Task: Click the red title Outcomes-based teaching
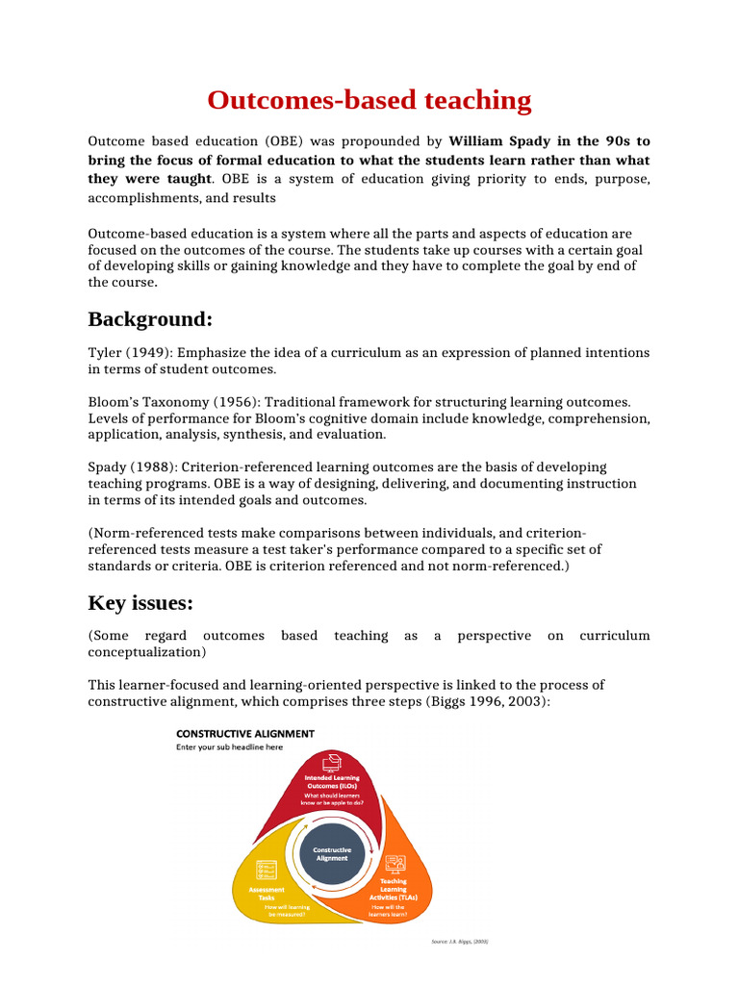(x=369, y=100)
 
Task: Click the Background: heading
(x=149, y=318)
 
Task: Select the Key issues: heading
(x=140, y=603)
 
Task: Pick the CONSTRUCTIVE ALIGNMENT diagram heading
(x=244, y=734)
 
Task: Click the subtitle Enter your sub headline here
(x=229, y=747)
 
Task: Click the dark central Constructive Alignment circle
(x=334, y=853)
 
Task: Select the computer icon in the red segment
(x=334, y=765)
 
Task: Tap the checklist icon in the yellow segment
(x=266, y=870)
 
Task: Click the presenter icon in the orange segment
(x=394, y=863)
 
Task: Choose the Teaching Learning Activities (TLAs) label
(x=393, y=889)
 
